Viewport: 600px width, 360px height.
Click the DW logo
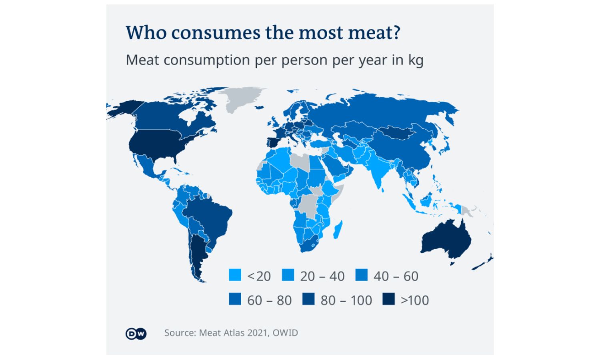point(136,334)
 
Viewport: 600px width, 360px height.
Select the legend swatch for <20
point(235,276)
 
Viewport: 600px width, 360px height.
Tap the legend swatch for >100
point(388,299)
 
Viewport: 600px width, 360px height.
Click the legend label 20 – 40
point(322,276)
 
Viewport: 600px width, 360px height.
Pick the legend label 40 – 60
point(396,276)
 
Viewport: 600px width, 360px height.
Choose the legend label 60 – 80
point(269,300)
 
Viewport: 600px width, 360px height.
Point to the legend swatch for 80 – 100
point(308,299)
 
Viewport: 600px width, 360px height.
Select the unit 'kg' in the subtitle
point(415,60)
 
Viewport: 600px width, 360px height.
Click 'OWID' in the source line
point(285,333)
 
